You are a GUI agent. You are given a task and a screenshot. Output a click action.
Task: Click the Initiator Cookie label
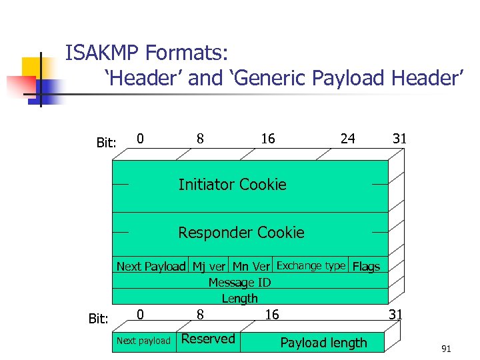pos(232,185)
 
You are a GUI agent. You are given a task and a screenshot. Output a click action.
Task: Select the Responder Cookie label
pos(241,233)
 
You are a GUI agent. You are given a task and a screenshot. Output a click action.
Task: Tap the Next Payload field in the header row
pos(151,267)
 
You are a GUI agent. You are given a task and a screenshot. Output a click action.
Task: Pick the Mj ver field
pos(209,267)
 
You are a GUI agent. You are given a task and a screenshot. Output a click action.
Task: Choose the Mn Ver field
pos(251,267)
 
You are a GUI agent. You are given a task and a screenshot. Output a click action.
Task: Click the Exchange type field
pos(311,265)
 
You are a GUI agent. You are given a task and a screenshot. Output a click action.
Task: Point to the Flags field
pos(366,267)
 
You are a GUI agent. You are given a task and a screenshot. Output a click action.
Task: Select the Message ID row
pos(239,283)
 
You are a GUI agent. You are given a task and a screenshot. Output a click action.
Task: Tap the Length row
pos(239,298)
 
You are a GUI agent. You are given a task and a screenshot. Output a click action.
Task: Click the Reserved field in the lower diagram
pos(208,339)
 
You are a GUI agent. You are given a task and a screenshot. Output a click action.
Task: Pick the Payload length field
pos(323,343)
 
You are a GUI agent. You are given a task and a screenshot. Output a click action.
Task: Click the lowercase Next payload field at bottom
pos(143,341)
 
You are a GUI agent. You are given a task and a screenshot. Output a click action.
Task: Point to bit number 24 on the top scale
pos(348,139)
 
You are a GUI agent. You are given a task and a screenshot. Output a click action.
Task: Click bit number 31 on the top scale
pos(399,139)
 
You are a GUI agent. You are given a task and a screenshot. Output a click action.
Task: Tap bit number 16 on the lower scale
pos(272,314)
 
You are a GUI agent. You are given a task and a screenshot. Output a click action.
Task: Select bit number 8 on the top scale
pos(200,139)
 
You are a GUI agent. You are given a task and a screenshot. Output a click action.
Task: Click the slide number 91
pos(446,349)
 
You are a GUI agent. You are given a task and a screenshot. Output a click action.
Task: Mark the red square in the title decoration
pos(20,86)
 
